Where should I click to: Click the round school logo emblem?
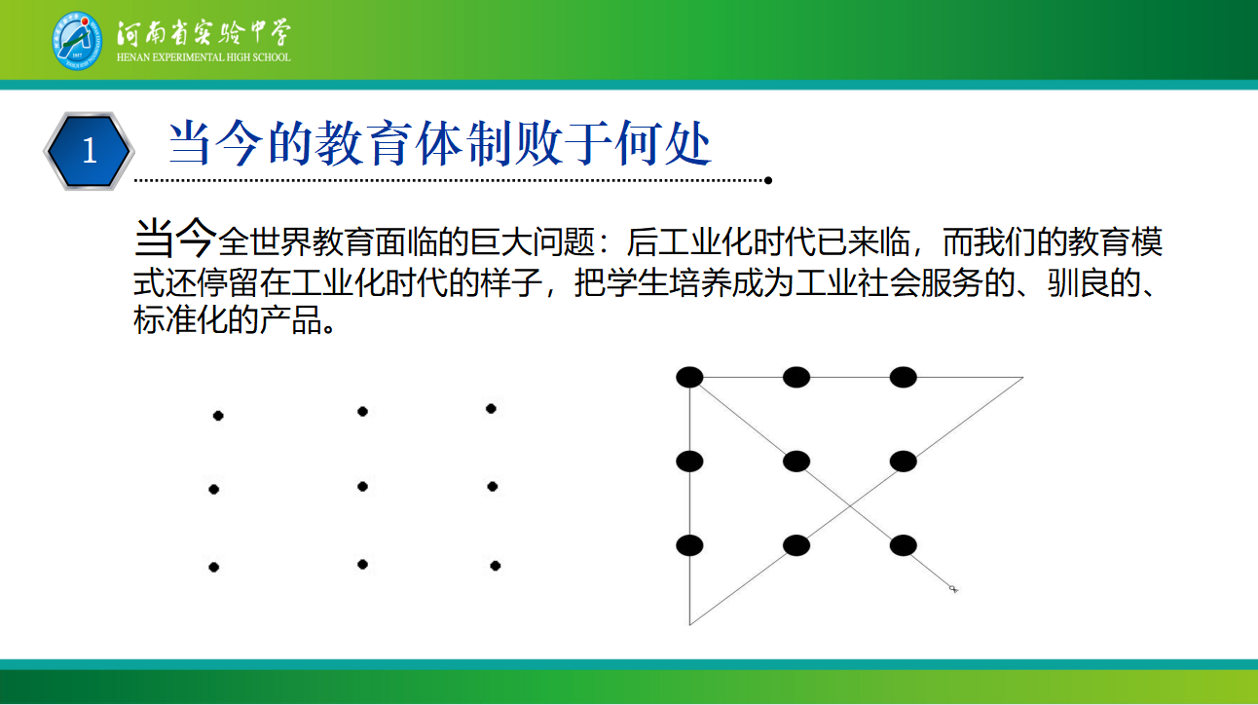[77, 41]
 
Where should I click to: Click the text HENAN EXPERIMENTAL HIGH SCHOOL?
[203, 57]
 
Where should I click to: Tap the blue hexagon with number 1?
[89, 151]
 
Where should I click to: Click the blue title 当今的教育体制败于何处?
[440, 143]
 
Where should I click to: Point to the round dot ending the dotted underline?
[767, 180]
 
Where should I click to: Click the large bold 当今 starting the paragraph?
[175, 239]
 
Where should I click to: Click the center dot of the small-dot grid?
[362, 487]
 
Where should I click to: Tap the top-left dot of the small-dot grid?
[218, 416]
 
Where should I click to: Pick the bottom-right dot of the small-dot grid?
[496, 566]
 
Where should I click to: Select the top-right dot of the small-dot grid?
[491, 408]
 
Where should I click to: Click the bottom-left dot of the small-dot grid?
[214, 568]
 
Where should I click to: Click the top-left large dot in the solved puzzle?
[689, 377]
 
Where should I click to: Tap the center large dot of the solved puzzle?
[796, 462]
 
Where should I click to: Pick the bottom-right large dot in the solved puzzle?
[903, 545]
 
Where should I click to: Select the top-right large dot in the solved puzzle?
[903, 377]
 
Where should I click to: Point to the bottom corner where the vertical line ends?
[689, 624]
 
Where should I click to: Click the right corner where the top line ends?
[1022, 378]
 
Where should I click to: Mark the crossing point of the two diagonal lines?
[850, 504]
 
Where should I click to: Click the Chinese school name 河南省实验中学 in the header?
[203, 32]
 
